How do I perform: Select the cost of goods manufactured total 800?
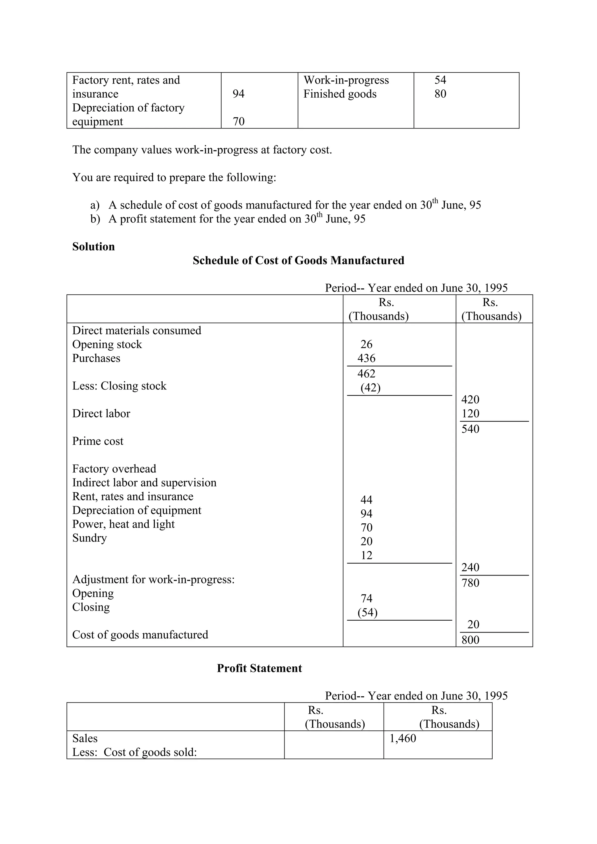click(470, 640)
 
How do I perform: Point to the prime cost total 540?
click(470, 429)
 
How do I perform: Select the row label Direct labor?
click(101, 414)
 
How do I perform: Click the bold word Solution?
click(94, 247)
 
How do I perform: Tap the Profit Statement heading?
click(259, 668)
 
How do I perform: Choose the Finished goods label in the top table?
click(340, 94)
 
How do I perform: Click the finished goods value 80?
click(440, 94)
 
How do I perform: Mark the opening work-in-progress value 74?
click(366, 598)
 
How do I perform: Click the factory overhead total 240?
click(470, 568)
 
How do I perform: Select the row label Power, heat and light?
click(123, 524)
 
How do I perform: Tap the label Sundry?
click(89, 538)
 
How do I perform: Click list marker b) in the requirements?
click(95, 219)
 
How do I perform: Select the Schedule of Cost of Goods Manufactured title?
click(298, 261)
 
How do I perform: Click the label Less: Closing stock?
click(119, 386)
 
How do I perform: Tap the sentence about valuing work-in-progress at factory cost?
click(202, 150)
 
